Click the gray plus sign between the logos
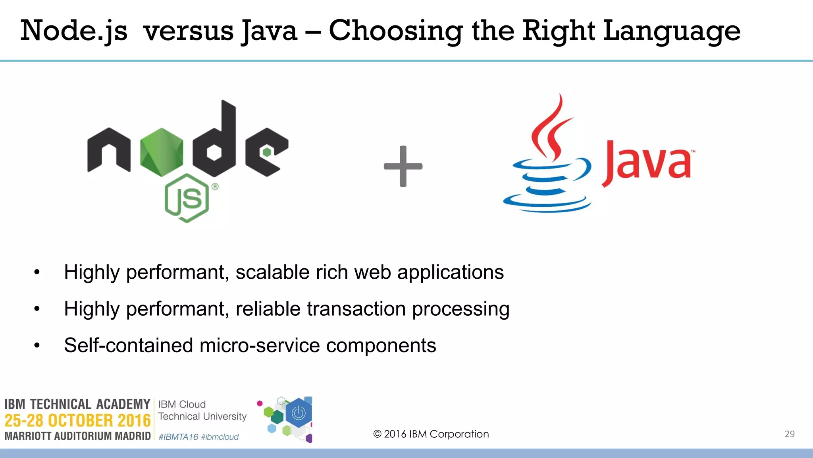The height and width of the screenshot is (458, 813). pyautogui.click(x=403, y=166)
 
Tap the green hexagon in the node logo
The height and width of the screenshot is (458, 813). pyautogui.click(x=162, y=152)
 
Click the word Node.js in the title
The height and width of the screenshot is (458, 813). pyautogui.click(x=74, y=31)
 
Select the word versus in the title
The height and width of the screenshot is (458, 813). pyautogui.click(x=188, y=31)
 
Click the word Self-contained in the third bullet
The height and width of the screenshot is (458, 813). pyautogui.click(x=128, y=345)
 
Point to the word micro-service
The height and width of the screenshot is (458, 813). pyautogui.click(x=260, y=345)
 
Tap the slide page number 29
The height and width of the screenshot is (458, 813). pyautogui.click(x=790, y=434)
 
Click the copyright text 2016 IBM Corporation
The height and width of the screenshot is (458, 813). pyautogui.click(x=431, y=434)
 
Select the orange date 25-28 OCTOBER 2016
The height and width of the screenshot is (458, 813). pyautogui.click(x=77, y=420)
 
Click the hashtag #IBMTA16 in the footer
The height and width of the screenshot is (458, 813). pyautogui.click(x=178, y=437)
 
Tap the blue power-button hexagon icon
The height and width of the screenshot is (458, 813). pyautogui.click(x=299, y=413)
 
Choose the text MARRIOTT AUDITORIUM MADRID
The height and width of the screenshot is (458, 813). pyautogui.click(x=77, y=436)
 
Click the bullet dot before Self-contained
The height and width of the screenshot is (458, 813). pyautogui.click(x=37, y=345)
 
